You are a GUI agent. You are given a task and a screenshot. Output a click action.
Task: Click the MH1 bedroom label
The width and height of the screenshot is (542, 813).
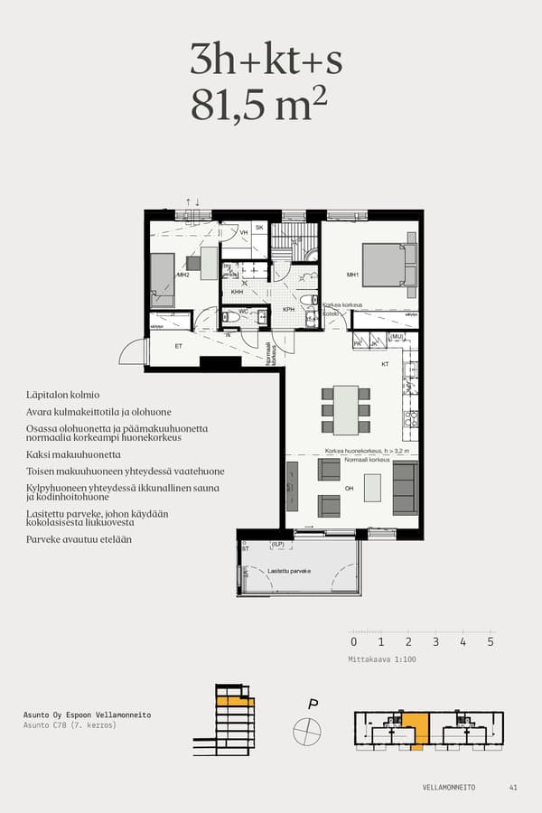353,275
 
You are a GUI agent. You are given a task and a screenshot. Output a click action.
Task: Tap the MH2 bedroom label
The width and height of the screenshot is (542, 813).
182,275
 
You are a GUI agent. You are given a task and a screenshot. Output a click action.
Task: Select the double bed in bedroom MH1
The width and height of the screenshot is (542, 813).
386,265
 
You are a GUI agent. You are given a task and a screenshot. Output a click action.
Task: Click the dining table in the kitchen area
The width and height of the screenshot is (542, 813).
346,409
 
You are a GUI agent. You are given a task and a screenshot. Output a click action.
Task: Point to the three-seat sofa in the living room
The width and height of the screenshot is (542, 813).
405,488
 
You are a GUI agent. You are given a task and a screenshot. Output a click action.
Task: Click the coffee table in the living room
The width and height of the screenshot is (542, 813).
371,488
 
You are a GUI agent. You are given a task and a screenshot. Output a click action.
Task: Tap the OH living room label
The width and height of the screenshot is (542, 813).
349,488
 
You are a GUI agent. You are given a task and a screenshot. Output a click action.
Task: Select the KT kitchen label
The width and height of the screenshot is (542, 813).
385,364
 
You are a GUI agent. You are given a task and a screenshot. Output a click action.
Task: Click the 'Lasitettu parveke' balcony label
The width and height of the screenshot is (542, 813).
289,571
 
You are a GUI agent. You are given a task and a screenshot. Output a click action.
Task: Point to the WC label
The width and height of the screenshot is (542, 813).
243,312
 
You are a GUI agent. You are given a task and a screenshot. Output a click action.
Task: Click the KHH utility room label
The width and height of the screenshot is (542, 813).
237,292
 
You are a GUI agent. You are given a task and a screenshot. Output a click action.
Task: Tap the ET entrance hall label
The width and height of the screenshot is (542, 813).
179,345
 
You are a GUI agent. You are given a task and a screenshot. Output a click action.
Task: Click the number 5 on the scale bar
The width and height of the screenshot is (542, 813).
491,642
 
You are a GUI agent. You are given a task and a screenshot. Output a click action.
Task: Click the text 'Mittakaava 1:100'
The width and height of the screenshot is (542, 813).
382,659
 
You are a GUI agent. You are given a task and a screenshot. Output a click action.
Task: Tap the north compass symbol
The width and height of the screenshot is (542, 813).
307,728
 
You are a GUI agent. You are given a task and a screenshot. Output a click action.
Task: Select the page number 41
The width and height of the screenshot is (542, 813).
513,788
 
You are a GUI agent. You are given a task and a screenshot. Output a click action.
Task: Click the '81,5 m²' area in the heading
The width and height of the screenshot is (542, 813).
258,106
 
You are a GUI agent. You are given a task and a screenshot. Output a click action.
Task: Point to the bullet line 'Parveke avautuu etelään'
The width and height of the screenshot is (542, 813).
79,539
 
